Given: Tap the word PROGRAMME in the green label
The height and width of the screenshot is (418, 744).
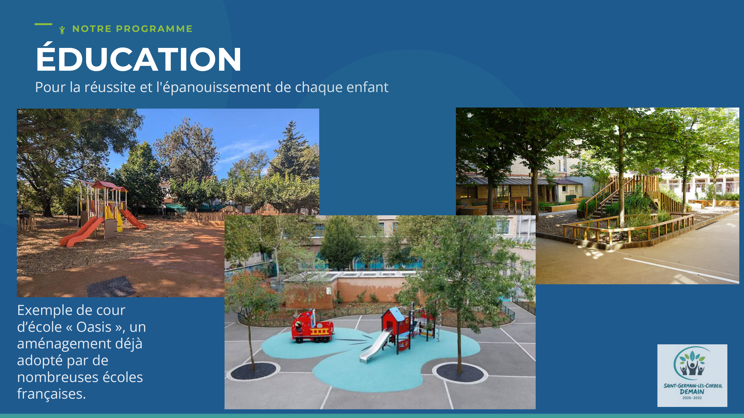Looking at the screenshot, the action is click(154, 29).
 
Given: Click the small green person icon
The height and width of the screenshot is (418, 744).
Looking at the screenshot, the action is click(62, 30).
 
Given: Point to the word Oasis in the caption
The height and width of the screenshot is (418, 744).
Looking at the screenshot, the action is click(94, 327).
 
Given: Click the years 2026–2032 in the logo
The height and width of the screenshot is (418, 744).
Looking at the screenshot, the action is click(692, 398).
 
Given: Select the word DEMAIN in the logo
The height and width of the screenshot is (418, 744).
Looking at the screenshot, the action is click(692, 391).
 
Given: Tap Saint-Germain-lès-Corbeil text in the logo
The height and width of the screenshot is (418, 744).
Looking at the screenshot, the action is click(693, 385).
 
